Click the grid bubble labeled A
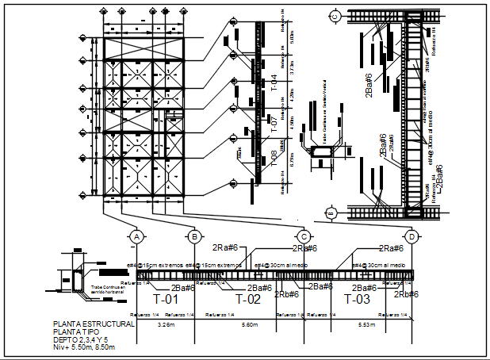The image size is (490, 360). tap(137, 237)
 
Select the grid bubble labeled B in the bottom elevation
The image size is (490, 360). tap(193, 237)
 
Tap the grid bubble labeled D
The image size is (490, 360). tap(412, 237)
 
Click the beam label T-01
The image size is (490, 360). tap(166, 300)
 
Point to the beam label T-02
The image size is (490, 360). tap(248, 300)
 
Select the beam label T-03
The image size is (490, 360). tap(357, 300)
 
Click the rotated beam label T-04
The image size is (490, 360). tap(274, 83)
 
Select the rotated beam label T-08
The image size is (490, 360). tap(274, 159)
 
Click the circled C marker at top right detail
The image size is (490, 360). tap(335, 15)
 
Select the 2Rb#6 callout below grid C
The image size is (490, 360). tap(287, 295)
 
